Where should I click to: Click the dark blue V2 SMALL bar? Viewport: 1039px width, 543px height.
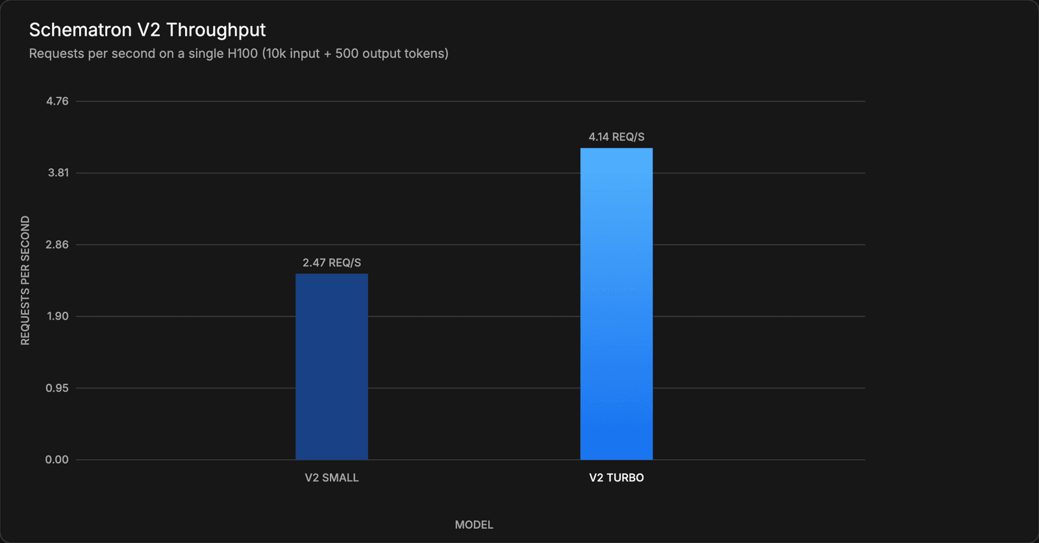pos(332,366)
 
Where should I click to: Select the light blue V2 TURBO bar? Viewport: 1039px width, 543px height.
pos(616,304)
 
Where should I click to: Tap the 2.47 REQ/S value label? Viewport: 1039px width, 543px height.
pos(332,262)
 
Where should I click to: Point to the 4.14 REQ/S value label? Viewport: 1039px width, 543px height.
pos(616,137)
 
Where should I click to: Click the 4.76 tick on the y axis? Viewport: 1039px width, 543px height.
pos(57,101)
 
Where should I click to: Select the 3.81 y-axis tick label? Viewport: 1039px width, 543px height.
pos(58,173)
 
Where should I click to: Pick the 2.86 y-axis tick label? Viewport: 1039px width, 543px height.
pos(57,245)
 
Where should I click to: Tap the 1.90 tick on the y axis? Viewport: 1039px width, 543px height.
pos(58,316)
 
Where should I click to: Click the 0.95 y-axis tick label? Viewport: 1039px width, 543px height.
pos(57,388)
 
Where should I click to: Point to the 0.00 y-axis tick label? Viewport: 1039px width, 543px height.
pos(56,459)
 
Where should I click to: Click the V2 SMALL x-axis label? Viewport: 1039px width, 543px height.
pos(332,477)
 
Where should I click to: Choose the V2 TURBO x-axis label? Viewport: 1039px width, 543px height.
pos(616,477)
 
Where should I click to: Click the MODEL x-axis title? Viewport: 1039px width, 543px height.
pos(474,525)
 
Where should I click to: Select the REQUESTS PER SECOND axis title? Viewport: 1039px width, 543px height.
pos(25,281)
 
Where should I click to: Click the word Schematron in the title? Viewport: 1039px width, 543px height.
pos(81,30)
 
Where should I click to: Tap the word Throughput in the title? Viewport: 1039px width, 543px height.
pos(216,31)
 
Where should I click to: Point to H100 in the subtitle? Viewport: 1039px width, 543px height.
pos(243,53)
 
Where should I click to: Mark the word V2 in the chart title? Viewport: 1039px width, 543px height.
pos(149,30)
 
